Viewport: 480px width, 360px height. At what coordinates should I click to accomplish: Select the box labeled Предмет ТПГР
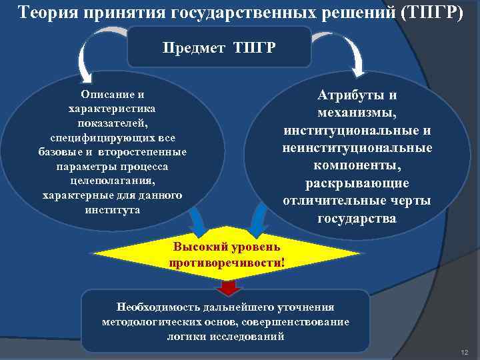point(219,48)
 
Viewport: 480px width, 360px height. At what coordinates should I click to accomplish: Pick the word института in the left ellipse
point(113,209)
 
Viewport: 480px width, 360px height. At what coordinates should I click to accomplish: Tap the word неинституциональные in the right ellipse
point(357,147)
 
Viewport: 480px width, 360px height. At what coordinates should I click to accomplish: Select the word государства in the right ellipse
point(357,218)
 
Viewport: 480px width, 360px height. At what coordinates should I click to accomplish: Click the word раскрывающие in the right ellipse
point(357,183)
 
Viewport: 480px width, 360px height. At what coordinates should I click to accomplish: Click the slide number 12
point(465,351)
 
